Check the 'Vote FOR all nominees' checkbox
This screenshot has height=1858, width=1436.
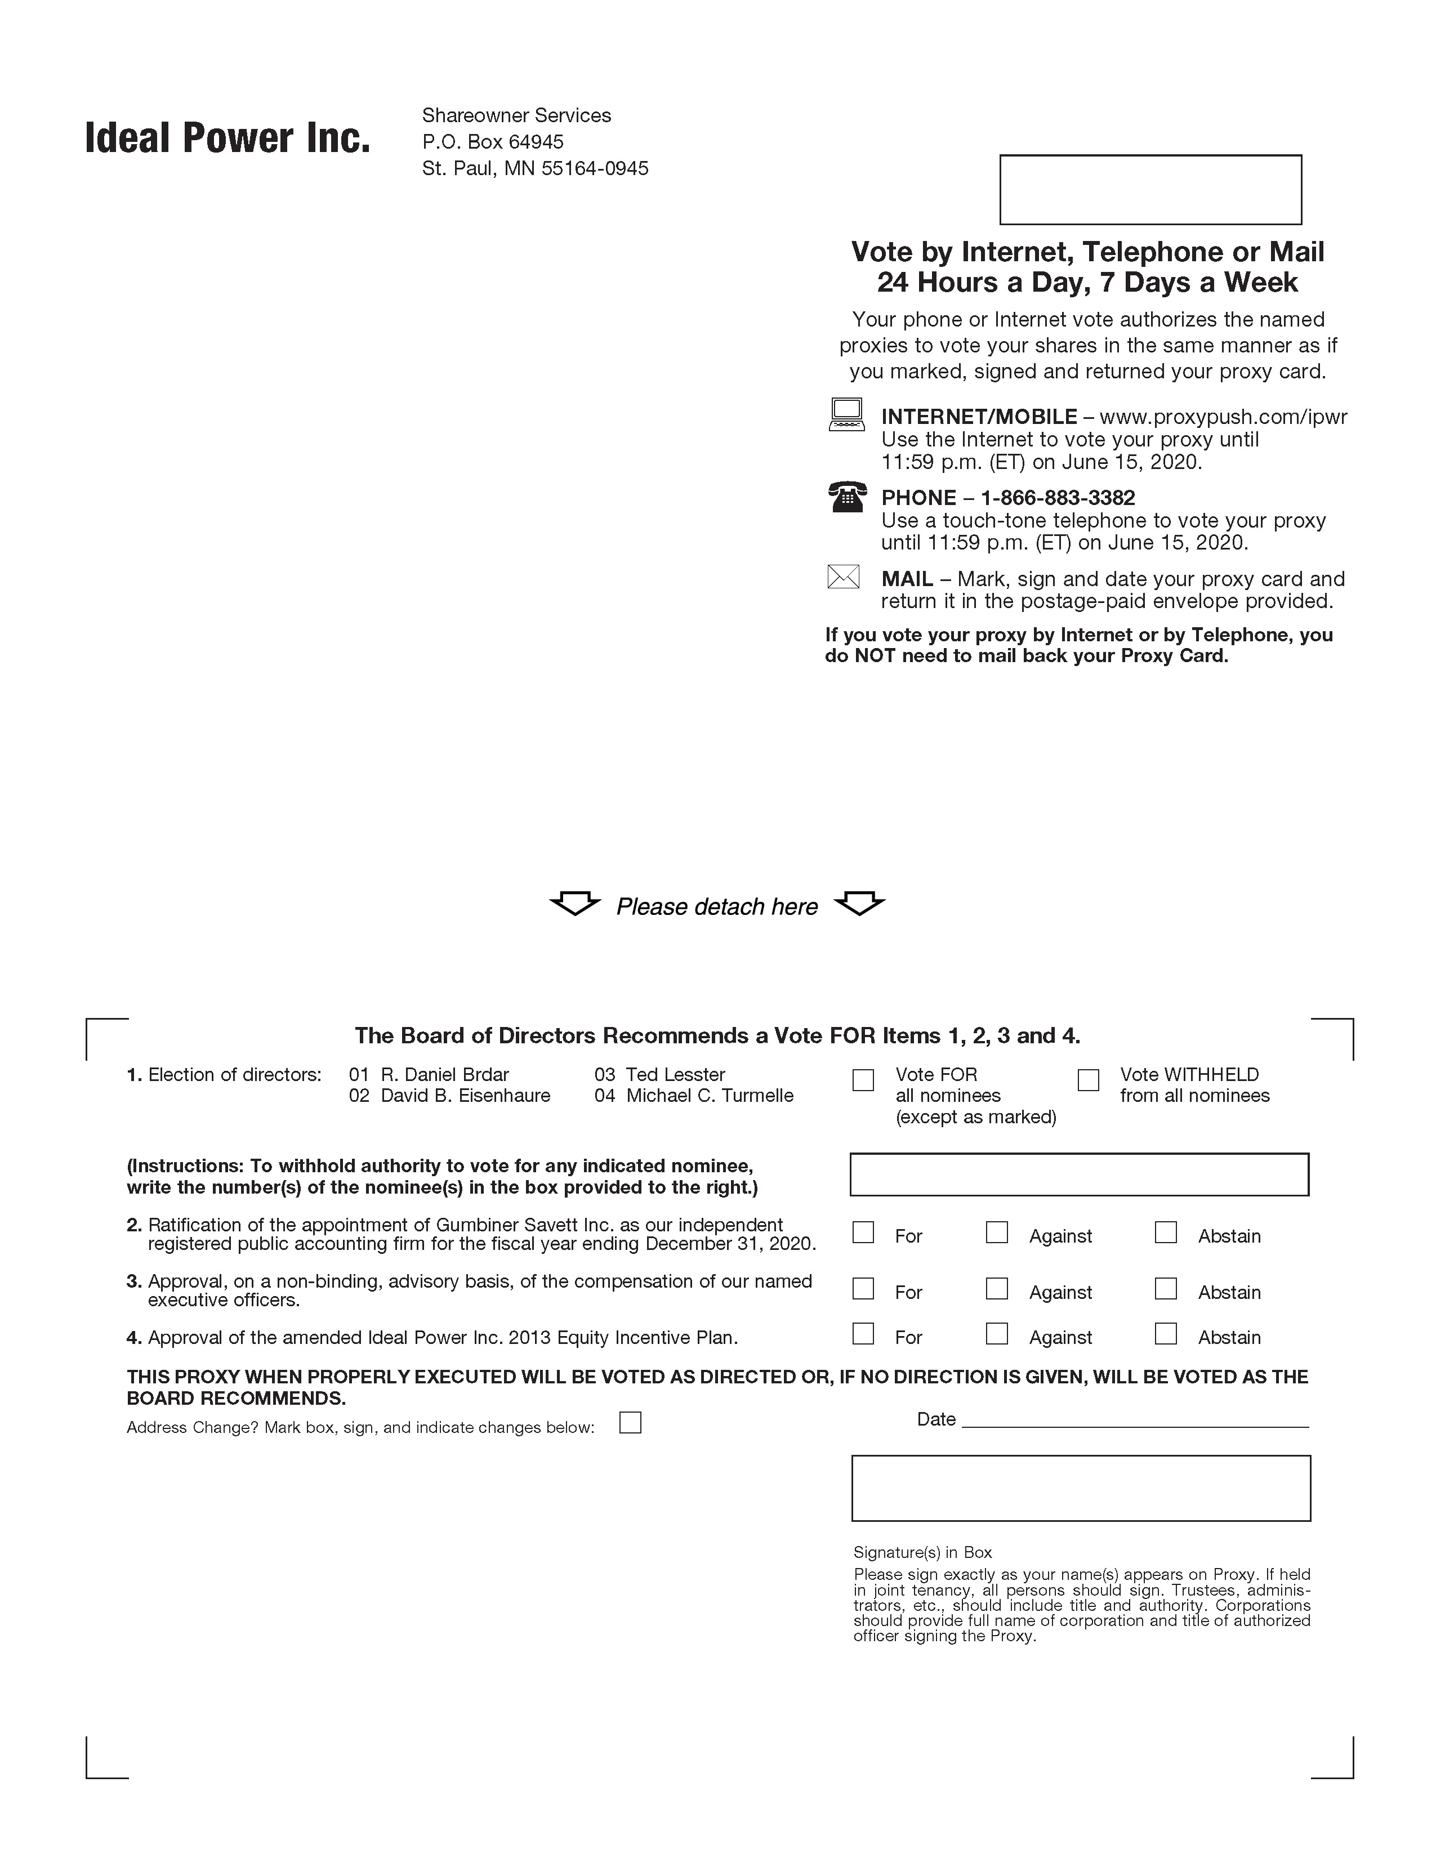(x=863, y=1079)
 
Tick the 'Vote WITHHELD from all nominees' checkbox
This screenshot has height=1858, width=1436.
(x=1088, y=1079)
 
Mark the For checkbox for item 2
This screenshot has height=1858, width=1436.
(x=863, y=1232)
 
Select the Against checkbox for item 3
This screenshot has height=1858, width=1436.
(x=996, y=1289)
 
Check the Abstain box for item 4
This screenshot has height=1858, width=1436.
(x=1166, y=1334)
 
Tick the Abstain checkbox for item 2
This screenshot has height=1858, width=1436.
(x=1166, y=1232)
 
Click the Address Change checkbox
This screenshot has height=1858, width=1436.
(x=630, y=1422)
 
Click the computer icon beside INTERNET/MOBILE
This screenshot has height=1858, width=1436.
(x=846, y=415)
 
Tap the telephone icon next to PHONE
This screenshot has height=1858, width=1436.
(x=846, y=497)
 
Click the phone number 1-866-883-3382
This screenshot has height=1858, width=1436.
(x=1058, y=498)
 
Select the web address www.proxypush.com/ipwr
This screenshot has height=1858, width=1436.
(x=1223, y=417)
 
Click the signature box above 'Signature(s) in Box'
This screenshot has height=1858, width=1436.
(x=1081, y=1488)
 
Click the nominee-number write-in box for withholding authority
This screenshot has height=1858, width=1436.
(x=1079, y=1175)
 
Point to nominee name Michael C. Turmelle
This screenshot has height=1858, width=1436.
(x=710, y=1096)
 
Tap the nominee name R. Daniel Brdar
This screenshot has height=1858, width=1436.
(x=444, y=1074)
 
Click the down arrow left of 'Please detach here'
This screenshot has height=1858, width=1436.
(x=575, y=904)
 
